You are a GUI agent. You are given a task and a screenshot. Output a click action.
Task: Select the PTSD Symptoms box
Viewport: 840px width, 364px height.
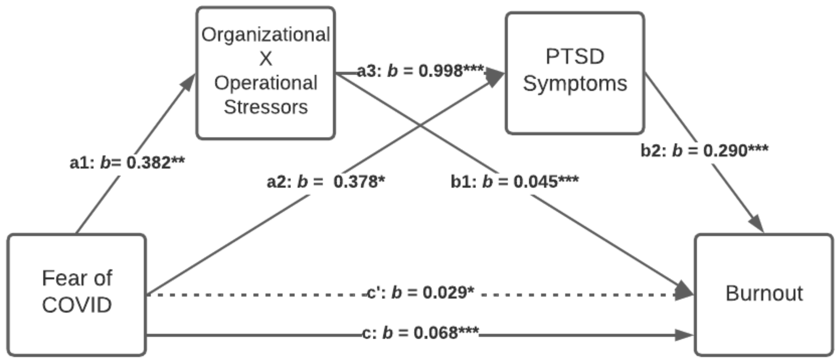574,73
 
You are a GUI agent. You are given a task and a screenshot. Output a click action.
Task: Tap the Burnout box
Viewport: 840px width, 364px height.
764,294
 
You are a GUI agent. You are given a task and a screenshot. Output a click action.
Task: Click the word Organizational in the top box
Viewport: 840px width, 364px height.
266,35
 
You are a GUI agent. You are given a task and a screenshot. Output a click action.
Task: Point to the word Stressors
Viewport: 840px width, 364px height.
266,107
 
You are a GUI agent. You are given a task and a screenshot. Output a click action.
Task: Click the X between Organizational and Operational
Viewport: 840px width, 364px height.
266,59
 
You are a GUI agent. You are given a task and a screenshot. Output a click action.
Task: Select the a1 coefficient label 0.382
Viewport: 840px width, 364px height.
127,163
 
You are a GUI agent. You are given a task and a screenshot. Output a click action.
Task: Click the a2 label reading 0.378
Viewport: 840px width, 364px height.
326,182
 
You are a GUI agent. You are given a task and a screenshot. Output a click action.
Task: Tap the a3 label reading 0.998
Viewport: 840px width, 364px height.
420,71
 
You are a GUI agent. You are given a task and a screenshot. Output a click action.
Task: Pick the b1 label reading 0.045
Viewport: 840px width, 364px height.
514,182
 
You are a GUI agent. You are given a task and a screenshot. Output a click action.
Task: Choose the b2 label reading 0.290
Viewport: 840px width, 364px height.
704,150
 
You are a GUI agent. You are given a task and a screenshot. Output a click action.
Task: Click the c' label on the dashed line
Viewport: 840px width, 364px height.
420,292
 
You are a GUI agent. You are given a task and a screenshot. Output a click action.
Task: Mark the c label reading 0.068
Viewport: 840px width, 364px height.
420,333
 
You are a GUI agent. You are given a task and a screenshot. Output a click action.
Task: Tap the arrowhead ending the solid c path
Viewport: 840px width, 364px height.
684,335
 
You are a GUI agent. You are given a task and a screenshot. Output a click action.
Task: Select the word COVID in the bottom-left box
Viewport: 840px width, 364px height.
77,305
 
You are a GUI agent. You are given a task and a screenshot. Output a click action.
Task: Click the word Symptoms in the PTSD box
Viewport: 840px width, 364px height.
574,84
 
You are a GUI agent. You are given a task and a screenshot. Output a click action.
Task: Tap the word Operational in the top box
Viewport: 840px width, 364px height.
266,83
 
